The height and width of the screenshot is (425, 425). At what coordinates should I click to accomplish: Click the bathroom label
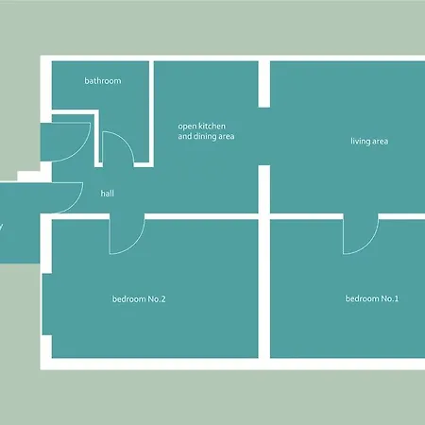103,81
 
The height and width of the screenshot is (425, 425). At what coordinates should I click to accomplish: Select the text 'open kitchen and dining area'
206,131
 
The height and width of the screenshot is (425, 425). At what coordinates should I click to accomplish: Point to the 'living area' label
369,142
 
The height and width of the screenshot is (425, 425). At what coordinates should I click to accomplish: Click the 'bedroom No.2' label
139,300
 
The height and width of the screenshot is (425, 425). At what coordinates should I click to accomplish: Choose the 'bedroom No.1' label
371,299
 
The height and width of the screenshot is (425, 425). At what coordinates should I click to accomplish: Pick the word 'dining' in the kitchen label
206,137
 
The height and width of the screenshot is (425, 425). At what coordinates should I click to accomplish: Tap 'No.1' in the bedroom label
389,299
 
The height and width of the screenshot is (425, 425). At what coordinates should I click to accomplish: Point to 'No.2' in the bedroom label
157,300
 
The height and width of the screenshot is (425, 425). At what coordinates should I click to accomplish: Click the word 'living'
360,142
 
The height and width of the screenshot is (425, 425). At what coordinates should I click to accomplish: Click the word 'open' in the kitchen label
188,126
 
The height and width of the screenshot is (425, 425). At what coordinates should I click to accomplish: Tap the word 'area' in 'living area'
380,142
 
